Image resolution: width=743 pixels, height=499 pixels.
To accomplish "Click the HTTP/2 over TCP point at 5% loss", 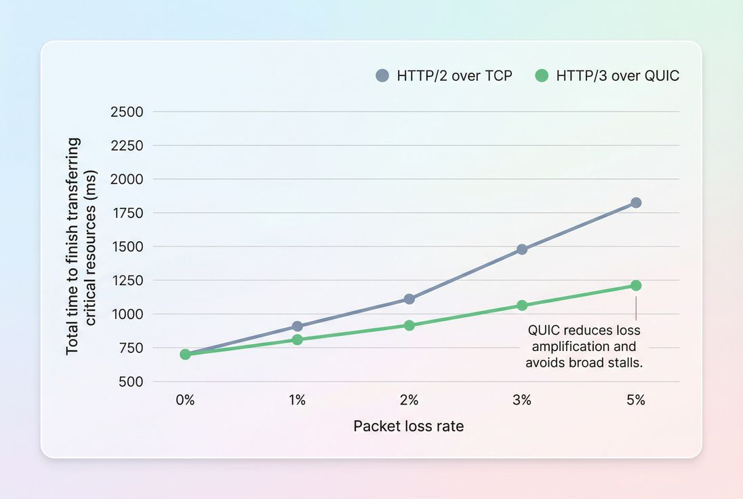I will pyautogui.click(x=636, y=202).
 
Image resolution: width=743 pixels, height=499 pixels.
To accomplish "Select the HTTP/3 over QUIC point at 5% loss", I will pyautogui.click(x=636, y=285).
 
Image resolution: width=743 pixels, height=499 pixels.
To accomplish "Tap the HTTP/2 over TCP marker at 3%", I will pyautogui.click(x=522, y=249).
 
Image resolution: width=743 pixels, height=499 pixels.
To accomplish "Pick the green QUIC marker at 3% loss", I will pyautogui.click(x=522, y=306).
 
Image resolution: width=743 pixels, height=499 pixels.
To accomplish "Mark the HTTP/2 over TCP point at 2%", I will pyautogui.click(x=409, y=299).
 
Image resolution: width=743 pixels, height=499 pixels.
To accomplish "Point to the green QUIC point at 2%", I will pyautogui.click(x=409, y=325).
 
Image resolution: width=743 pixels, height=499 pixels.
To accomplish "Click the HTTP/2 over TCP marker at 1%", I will pyautogui.click(x=297, y=327).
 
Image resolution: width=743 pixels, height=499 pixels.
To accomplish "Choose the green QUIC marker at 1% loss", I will pyautogui.click(x=297, y=339).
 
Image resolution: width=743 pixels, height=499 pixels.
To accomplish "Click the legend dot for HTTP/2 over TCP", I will pyautogui.click(x=382, y=75).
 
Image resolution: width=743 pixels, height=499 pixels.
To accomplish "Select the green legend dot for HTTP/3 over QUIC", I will pyautogui.click(x=541, y=75).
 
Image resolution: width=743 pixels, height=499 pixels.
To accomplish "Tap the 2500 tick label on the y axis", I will pyautogui.click(x=127, y=111).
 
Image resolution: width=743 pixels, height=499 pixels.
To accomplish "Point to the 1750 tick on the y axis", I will pyautogui.click(x=127, y=212).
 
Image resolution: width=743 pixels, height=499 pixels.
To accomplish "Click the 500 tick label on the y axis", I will pyautogui.click(x=131, y=382).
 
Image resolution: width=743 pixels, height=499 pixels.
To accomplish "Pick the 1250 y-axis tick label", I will pyautogui.click(x=127, y=280).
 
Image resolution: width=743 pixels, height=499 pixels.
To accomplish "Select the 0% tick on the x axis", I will pyautogui.click(x=185, y=401).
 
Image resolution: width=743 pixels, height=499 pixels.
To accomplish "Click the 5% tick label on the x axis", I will pyautogui.click(x=636, y=401).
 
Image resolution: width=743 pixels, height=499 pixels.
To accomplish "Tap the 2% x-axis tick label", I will pyautogui.click(x=409, y=401).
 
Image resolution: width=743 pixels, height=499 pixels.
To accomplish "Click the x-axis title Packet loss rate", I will pyautogui.click(x=409, y=426).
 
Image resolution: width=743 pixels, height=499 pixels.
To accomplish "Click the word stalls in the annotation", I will pyautogui.click(x=626, y=363).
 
